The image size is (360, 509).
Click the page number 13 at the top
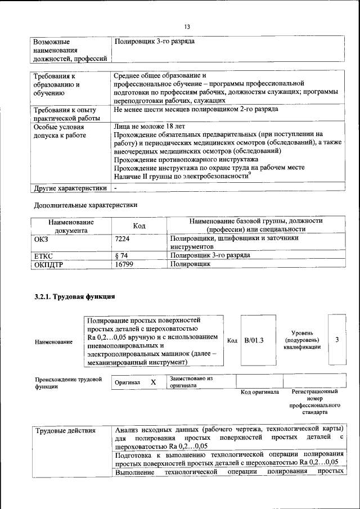[x=188, y=26]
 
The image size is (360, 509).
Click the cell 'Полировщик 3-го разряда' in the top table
[x=155, y=42]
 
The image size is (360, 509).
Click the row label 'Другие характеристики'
[x=70, y=188]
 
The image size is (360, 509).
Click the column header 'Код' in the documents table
[x=139, y=226]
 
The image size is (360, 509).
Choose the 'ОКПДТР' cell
[x=48, y=263]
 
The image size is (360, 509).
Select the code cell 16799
[x=124, y=263]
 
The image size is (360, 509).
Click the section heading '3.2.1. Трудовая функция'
[x=75, y=296]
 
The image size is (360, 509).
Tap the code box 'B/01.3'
[x=254, y=340]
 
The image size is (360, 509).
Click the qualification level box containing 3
[x=337, y=340]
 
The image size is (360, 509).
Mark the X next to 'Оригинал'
[x=153, y=382]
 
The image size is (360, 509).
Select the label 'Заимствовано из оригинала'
[x=191, y=382]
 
